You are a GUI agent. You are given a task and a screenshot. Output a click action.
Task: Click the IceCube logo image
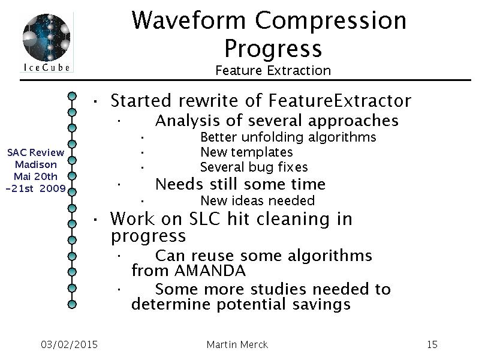[x=47, y=42]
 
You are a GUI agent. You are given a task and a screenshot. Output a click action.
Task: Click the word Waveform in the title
[x=188, y=20]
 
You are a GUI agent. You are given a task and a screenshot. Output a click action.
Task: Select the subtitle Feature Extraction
[x=273, y=71]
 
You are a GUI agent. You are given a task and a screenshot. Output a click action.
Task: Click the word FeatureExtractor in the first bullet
[x=340, y=101]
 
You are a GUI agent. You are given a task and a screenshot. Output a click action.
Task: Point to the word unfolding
[x=273, y=137]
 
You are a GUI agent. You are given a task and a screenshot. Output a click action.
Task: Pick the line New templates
[x=246, y=152]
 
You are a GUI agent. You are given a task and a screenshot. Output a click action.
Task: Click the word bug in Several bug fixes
[x=260, y=167]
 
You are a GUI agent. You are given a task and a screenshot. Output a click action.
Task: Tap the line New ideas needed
[x=258, y=200]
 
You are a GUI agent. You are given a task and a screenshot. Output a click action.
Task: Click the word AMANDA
[x=210, y=271]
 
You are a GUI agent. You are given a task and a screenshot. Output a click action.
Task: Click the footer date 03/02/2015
[x=70, y=344]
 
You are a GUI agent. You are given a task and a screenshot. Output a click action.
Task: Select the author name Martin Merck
[x=237, y=344]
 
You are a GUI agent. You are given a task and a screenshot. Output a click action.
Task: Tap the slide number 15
[x=432, y=344]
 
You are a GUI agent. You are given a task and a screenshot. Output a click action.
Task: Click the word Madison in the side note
[x=36, y=164]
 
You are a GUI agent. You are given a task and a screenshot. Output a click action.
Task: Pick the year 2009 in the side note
[x=53, y=188]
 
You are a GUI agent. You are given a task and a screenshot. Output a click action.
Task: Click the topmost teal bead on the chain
[x=72, y=96]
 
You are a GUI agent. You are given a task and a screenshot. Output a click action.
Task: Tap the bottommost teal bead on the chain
[x=72, y=304]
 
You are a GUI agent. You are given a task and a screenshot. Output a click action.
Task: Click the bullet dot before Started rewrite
[x=95, y=101]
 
